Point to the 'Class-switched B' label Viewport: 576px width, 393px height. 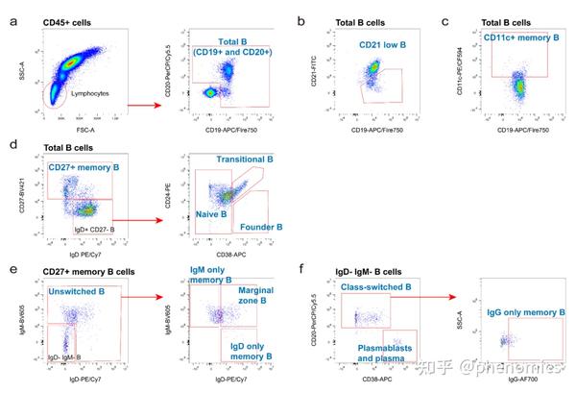375,287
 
